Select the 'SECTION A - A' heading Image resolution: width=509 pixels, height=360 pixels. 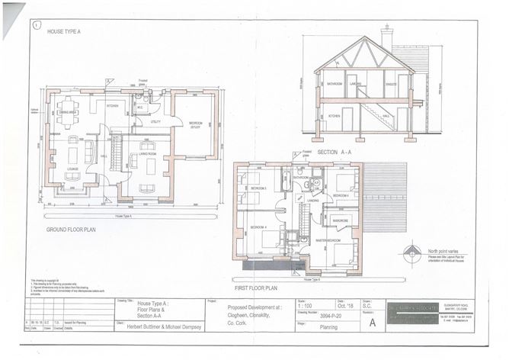point(346,152)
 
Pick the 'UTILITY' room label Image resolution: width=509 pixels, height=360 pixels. point(155,121)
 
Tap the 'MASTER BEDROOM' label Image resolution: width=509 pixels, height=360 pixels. point(328,239)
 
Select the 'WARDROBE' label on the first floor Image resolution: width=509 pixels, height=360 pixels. point(340,221)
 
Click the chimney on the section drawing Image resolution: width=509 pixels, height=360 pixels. point(387,36)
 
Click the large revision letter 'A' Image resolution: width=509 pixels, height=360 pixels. point(372,322)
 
